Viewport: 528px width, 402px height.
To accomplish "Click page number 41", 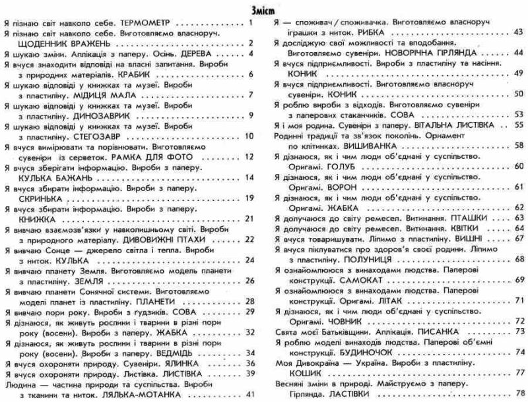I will (249, 393).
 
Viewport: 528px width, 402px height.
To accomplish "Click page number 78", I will (519, 393).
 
